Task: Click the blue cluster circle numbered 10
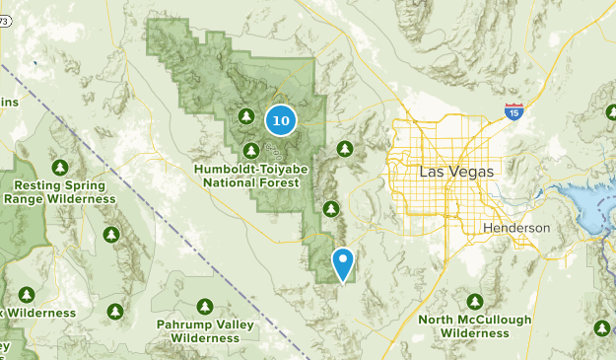[281, 120]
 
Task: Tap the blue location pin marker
[343, 263]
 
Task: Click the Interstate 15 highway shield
[513, 111]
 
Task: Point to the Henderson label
[516, 228]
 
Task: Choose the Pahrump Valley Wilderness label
[205, 330]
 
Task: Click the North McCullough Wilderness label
[475, 326]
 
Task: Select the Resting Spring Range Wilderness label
[60, 191]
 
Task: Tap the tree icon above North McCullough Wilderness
[475, 301]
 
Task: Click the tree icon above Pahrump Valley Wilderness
[205, 306]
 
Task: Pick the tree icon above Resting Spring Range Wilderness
[61, 166]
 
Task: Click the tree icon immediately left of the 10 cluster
[246, 117]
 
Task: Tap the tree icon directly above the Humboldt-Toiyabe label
[251, 150]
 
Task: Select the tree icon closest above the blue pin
[332, 208]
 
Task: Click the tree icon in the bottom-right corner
[602, 327]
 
